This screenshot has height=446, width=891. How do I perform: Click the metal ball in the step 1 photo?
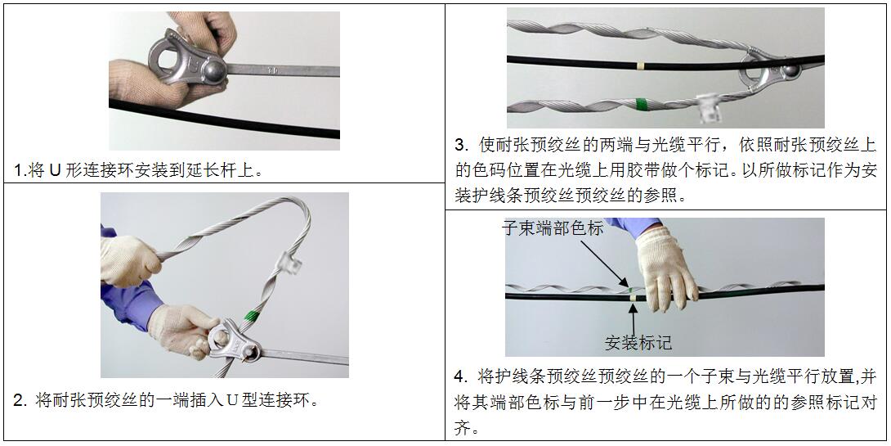[x=215, y=70]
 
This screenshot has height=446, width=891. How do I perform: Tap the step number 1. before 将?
[x=20, y=171]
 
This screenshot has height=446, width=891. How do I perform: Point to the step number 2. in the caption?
[x=20, y=400]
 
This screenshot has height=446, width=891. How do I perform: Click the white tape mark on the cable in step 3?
[x=640, y=65]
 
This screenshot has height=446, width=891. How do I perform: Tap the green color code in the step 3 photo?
[x=642, y=104]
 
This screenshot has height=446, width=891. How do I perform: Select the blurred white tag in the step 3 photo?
[x=708, y=107]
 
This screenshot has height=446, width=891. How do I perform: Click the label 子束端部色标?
[x=553, y=228]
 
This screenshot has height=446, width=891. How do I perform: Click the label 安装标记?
[x=638, y=342]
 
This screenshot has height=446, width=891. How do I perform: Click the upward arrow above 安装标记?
[x=633, y=318]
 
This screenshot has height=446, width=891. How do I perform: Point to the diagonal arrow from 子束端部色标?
[x=605, y=262]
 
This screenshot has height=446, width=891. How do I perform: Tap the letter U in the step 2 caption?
[x=232, y=400]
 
